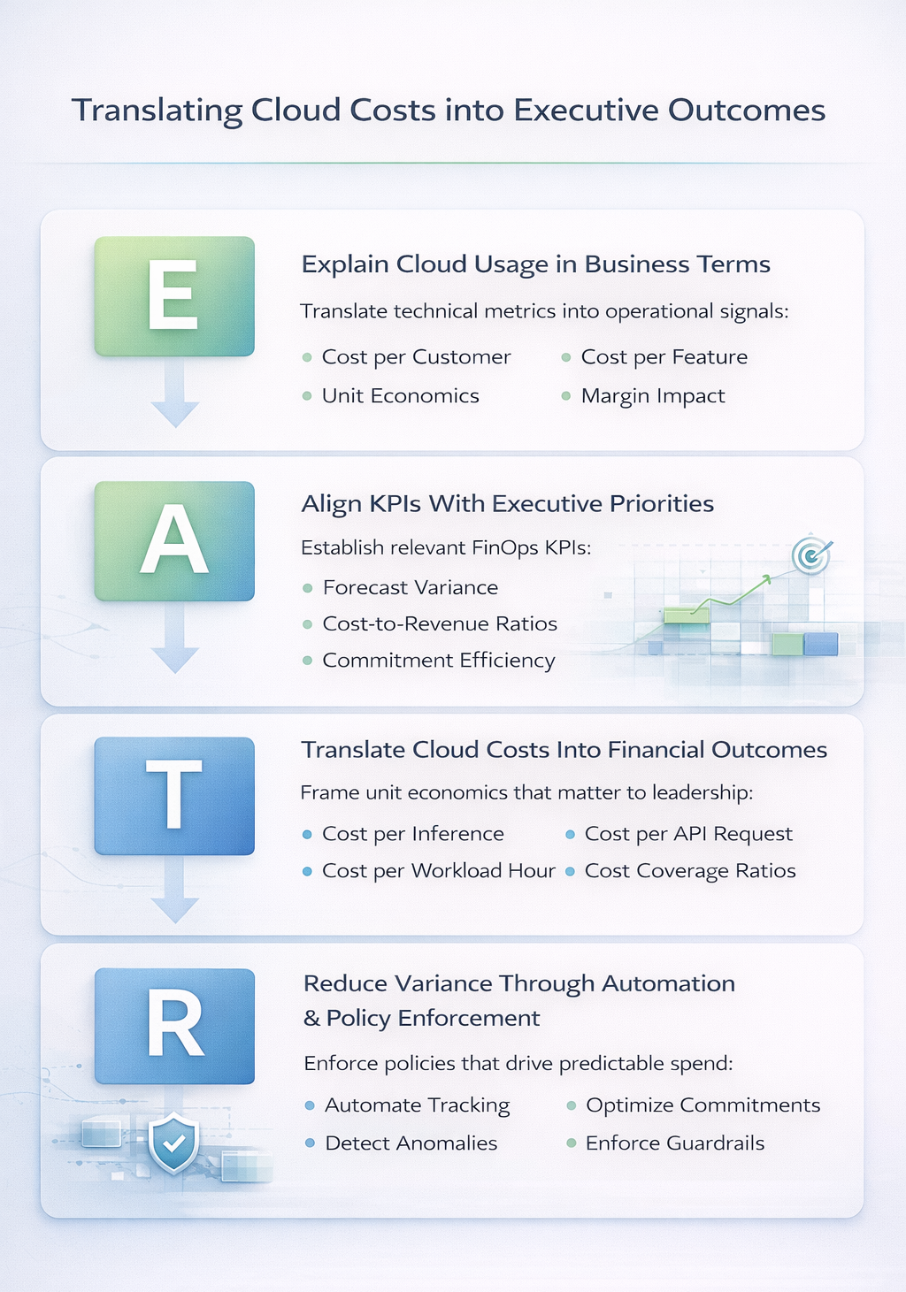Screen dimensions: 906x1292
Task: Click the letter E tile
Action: (x=174, y=296)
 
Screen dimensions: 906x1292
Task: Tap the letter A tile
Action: (x=174, y=541)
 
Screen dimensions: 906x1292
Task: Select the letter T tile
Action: (x=174, y=796)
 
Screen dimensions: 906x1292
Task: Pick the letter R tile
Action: (x=174, y=1026)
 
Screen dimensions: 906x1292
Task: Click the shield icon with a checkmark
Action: (x=173, y=1143)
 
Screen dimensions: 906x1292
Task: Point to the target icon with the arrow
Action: (x=810, y=555)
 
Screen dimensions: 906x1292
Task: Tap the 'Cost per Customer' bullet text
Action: (x=416, y=357)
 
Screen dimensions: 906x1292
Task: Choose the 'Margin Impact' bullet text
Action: (x=653, y=396)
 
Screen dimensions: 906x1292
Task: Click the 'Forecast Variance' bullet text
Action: (x=411, y=588)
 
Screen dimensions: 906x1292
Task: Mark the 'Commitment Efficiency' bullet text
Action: (x=439, y=661)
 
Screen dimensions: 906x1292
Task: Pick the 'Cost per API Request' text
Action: (x=688, y=834)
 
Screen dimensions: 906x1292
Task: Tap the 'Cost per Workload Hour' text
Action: (x=438, y=871)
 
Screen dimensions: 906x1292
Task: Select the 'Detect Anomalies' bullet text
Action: (x=411, y=1143)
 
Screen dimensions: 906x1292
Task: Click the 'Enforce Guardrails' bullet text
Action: (x=675, y=1143)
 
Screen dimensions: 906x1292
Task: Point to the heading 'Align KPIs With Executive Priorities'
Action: (x=508, y=504)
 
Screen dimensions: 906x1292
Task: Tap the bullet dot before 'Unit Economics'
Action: (x=307, y=396)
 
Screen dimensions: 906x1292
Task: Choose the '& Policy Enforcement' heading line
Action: (x=422, y=1019)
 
